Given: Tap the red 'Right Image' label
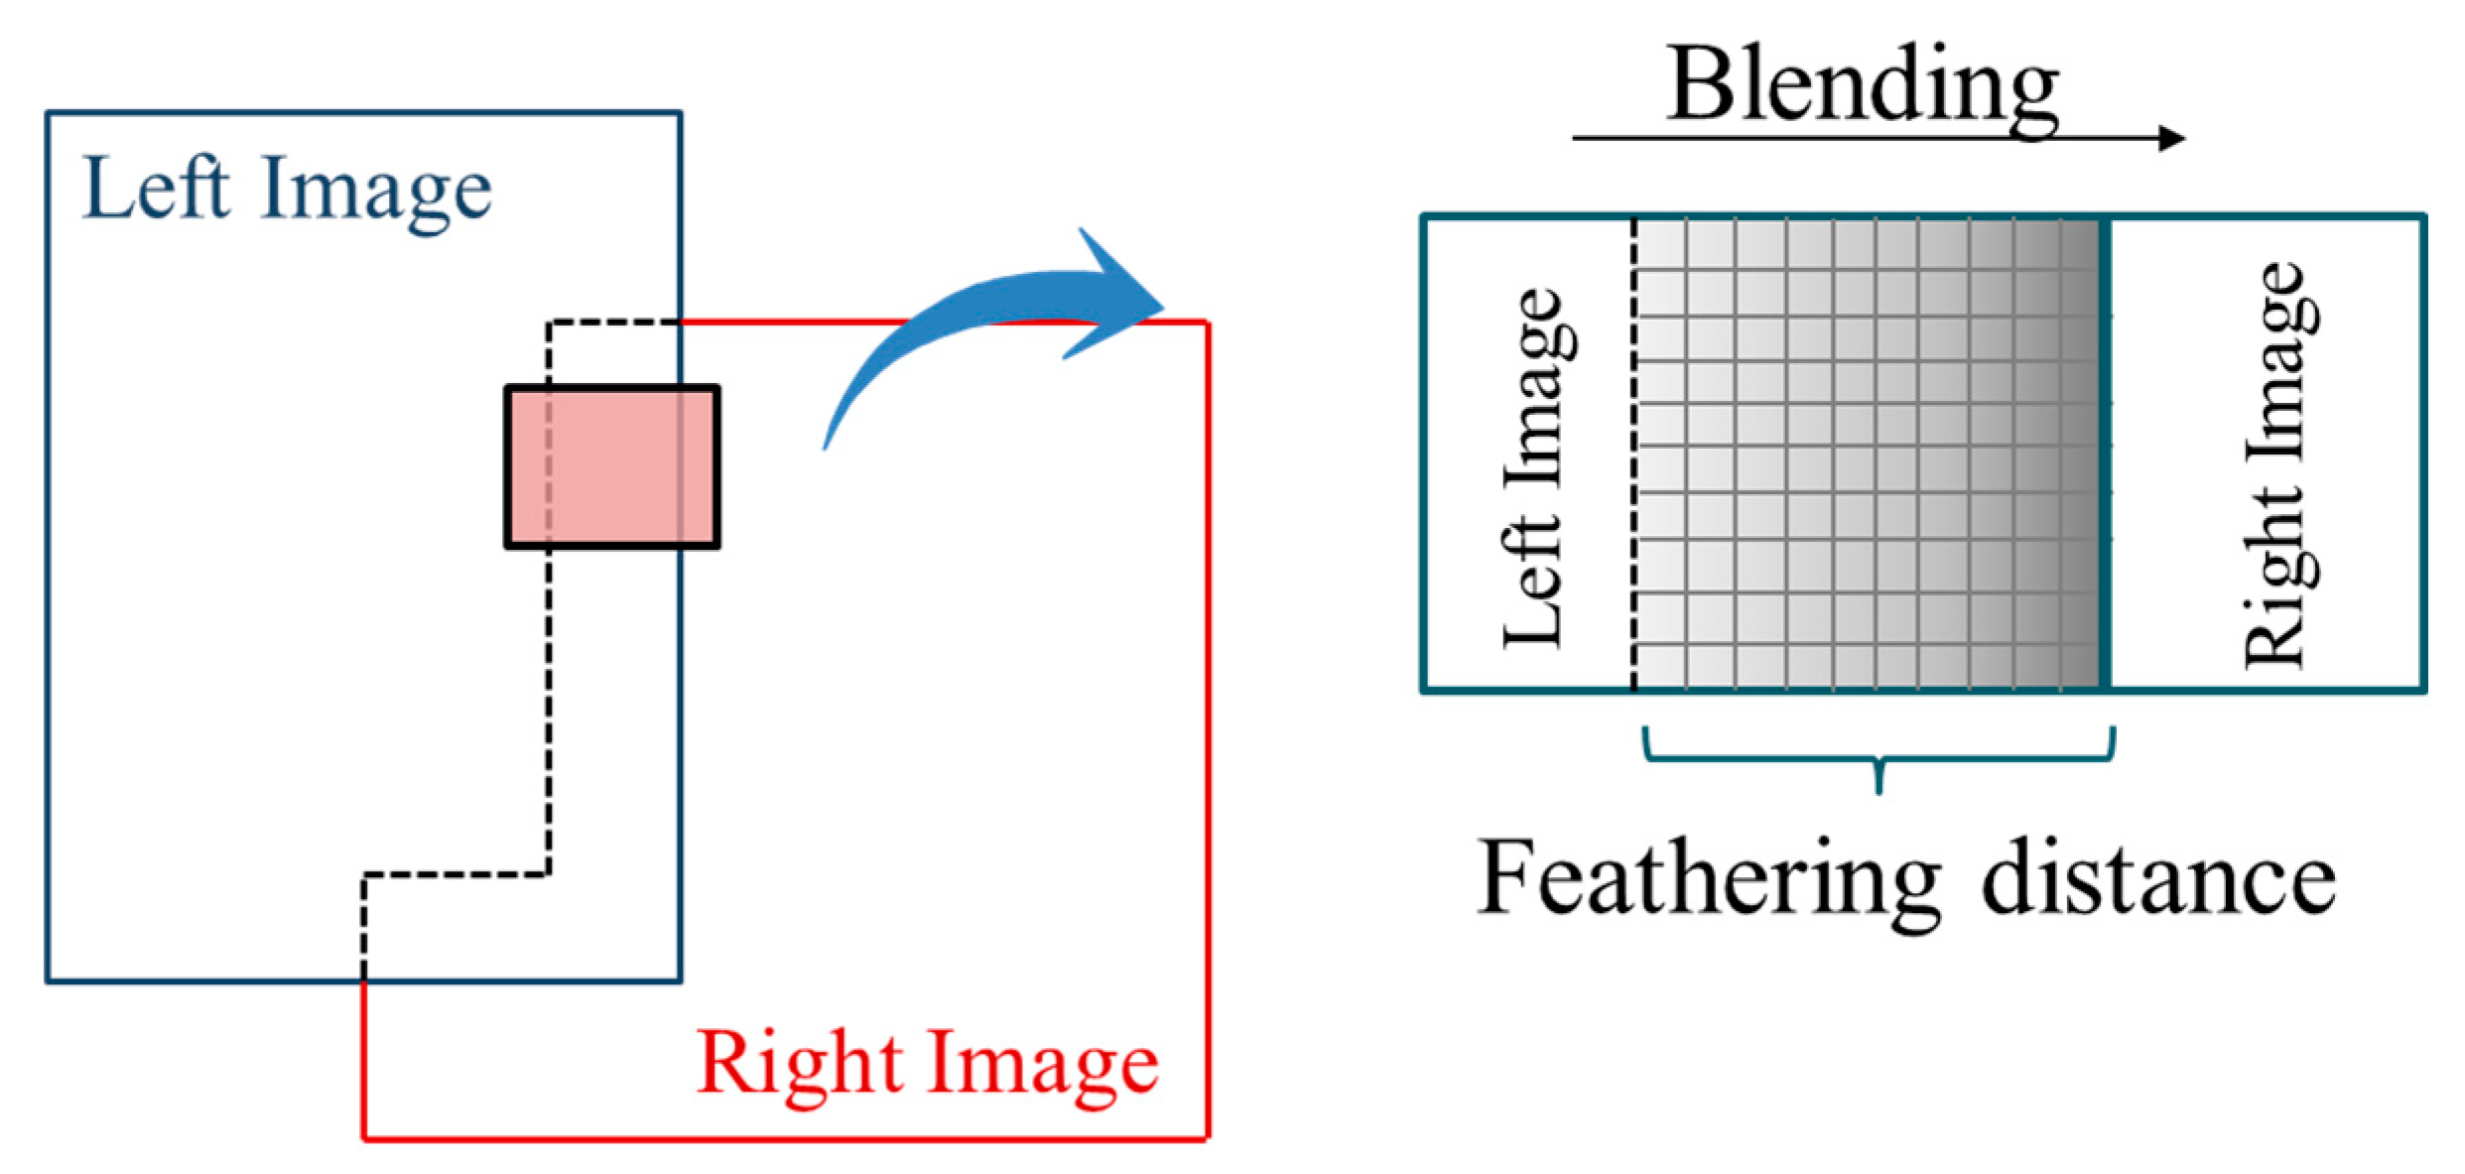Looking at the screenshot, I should point(927,1063).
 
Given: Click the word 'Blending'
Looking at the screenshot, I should point(1862,87).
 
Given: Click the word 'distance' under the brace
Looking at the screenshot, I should point(2157,878).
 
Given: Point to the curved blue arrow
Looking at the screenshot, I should point(992,318).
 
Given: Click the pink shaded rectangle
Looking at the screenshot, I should point(612,466).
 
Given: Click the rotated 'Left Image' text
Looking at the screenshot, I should point(1535,467).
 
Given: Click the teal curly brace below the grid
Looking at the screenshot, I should point(1879,759).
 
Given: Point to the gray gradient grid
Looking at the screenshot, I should point(1866,454).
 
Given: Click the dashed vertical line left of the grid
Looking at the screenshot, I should point(1633,454).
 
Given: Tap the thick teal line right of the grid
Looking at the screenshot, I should point(2104,454).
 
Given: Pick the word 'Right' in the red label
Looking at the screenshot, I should point(800,1063).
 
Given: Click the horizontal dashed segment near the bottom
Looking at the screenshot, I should point(456,875).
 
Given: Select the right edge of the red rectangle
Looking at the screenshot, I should point(1207,729).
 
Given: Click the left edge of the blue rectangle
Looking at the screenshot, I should point(48,546).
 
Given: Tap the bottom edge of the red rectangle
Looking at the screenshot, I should point(784,1138).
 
